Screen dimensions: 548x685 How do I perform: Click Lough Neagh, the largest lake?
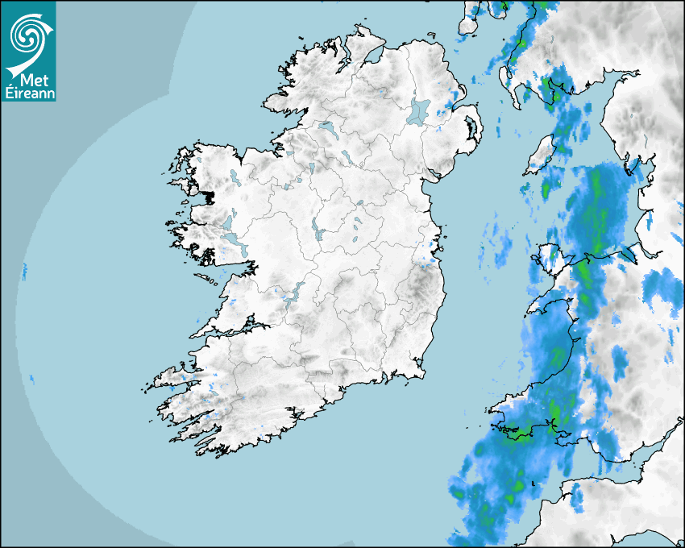pos(419,111)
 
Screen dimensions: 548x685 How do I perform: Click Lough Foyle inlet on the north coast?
pos(372,56)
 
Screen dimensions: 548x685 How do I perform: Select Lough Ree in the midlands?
pos(317,230)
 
